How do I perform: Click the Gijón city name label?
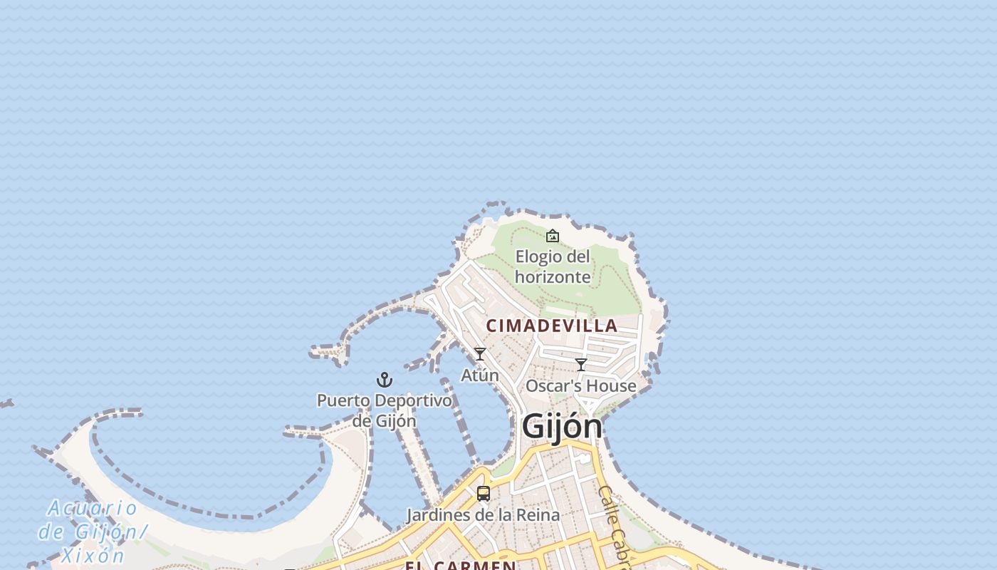[x=562, y=426]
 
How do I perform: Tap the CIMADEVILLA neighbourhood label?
[x=552, y=326]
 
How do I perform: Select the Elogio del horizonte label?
[x=553, y=266]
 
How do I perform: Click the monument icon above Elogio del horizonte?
[x=553, y=236]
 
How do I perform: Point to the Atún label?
[x=480, y=375]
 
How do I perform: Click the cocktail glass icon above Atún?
[x=480, y=354]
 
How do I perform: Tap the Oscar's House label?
[x=580, y=385]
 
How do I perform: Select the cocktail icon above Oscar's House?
[x=581, y=365]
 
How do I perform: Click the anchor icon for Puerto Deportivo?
[x=385, y=380]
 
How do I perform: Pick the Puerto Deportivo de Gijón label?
[x=385, y=410]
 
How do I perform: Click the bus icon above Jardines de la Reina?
[x=484, y=493]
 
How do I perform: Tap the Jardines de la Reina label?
[x=483, y=514]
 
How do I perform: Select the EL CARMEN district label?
[x=460, y=566]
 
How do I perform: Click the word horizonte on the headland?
[x=553, y=276]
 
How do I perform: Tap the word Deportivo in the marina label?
[x=416, y=400]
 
